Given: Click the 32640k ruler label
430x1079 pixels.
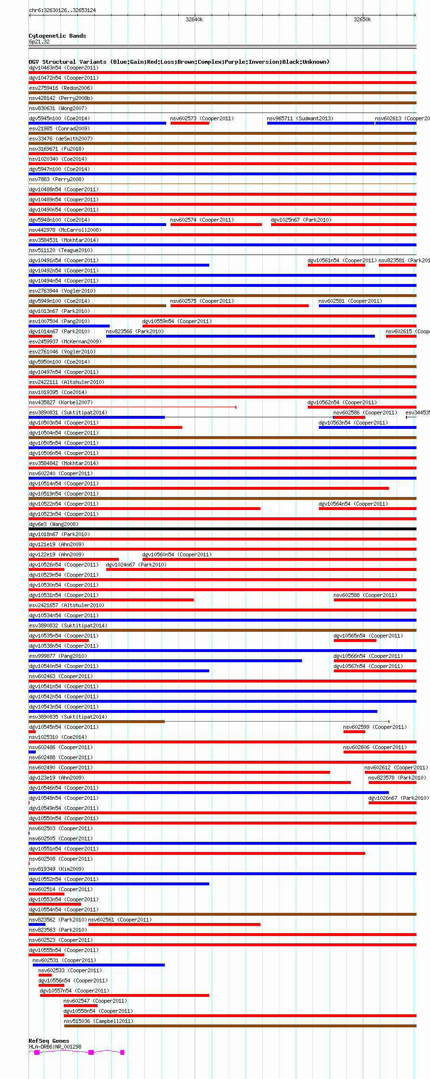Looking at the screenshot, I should [194, 19].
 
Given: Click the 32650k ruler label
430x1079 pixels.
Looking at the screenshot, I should [362, 19].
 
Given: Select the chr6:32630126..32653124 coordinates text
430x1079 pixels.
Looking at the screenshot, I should [62, 10].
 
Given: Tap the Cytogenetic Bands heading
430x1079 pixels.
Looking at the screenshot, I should [57, 36].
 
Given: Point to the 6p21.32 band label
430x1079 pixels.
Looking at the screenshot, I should [39, 42].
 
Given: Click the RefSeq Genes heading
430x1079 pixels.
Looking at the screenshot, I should [49, 1041].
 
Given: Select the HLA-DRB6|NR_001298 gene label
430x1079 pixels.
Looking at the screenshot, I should [55, 1047].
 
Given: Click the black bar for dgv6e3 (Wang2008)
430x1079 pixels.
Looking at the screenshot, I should [222, 529].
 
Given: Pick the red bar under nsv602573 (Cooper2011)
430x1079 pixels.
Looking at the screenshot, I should [189, 123].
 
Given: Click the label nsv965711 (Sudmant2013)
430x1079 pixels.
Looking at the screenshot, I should [300, 118].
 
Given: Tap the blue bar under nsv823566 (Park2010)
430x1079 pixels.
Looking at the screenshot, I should [240, 336].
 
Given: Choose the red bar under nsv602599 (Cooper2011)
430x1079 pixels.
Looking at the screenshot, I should [354, 732].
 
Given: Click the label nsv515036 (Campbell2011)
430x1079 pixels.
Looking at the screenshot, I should [99, 1021].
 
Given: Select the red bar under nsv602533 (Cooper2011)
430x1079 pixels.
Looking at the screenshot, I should [45, 975].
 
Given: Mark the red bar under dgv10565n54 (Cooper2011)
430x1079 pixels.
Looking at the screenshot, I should [355, 640].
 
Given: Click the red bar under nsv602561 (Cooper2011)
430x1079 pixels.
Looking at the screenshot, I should [174, 924].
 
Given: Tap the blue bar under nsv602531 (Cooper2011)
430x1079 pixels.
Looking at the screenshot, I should [99, 965].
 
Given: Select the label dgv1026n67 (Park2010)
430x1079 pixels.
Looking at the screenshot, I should [398, 798].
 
